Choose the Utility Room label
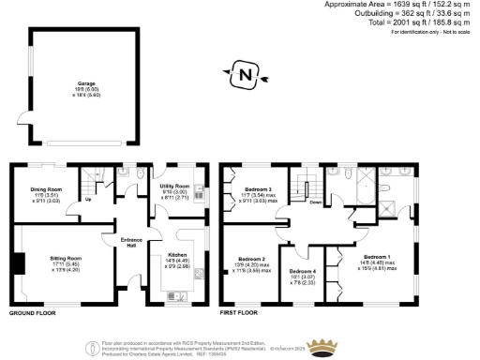click(x=176, y=187)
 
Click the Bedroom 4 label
click(x=304, y=271)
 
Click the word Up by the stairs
click(x=88, y=199)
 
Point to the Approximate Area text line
click(x=401, y=5)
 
